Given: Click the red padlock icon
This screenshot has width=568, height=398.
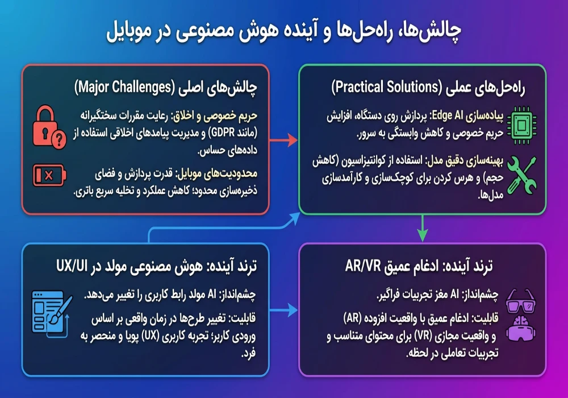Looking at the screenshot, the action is pos(49,127).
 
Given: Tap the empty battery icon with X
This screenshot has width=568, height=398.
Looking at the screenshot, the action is pos(49,176).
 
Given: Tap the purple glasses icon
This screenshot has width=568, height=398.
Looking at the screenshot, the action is pos(520,301).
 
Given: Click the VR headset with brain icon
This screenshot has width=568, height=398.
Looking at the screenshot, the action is pos(520,329).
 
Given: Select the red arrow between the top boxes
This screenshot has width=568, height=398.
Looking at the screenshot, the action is pos(283,140).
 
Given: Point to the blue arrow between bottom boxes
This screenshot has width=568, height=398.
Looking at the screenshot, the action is pos(283,310).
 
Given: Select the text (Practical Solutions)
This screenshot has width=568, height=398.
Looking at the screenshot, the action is pos(387,88).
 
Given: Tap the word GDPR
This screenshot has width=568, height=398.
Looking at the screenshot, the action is pos(223,133).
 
